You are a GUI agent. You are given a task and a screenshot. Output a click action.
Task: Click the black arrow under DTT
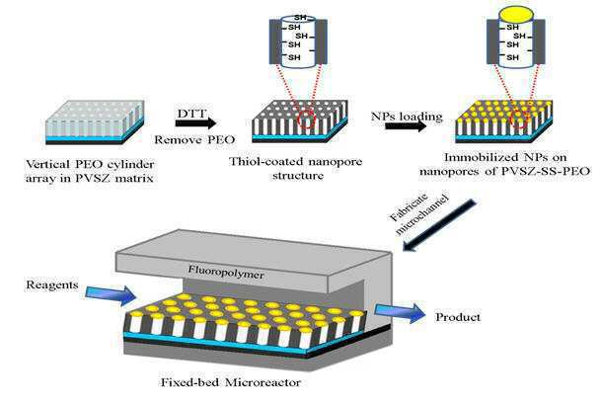coord(195,123)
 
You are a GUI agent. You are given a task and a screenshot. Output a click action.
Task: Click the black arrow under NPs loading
coord(406,126)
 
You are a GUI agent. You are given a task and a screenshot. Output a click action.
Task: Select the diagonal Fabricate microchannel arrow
coord(439,225)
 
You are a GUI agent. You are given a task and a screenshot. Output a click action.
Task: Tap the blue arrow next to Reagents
coord(111,295)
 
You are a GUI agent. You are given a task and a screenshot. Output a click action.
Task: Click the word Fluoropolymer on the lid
coord(226,272)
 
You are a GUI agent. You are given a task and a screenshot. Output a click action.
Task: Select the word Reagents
coord(52,285)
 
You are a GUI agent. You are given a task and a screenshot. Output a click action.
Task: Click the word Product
coord(458,317)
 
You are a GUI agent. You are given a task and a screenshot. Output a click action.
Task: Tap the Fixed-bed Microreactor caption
coord(231,382)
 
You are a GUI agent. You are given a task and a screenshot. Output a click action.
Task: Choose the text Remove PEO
coord(194,139)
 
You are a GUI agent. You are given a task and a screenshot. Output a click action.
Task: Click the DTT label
coord(191,114)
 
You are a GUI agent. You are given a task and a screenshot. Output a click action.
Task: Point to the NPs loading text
coord(407,116)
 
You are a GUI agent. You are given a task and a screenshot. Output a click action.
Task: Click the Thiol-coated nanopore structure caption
coord(295,168)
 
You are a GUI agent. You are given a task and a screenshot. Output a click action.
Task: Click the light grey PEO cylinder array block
coord(95,121)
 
